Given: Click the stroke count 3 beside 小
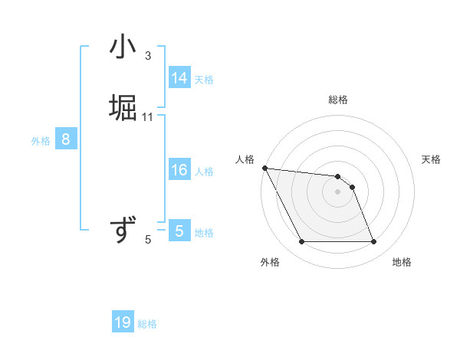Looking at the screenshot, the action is click(148, 56).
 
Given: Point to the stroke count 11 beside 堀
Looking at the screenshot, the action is click(148, 116).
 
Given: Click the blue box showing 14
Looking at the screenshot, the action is click(179, 78).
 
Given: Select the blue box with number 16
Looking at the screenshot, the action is click(179, 170).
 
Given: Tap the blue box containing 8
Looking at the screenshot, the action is click(66, 139).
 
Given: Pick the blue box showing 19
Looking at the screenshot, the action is click(123, 322).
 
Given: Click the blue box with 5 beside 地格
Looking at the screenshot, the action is click(179, 231).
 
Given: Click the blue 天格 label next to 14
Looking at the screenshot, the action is click(203, 80).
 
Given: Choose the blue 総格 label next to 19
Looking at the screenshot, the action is click(147, 324).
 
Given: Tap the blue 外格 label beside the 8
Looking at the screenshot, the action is click(40, 141).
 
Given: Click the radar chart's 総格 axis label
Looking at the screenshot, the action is click(337, 100).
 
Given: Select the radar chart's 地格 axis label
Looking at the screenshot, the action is click(402, 262).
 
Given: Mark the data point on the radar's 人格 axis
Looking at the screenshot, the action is click(264, 168).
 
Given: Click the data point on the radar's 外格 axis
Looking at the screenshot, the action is click(301, 242).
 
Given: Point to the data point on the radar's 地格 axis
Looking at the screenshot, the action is click(373, 242).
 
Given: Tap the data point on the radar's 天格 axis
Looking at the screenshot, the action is click(352, 186).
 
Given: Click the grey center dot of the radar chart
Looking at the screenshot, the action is click(337, 191).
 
